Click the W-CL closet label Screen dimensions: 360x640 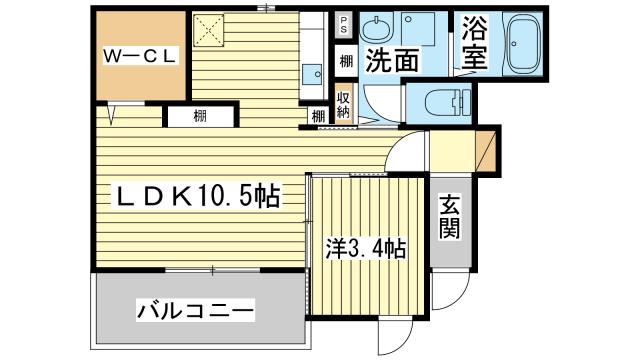[x=139, y=57]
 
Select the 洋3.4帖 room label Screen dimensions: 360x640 [x=365, y=247]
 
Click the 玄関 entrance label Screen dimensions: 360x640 [x=449, y=218]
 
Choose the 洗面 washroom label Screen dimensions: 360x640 [x=391, y=61]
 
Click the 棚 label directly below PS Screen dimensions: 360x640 [x=344, y=61]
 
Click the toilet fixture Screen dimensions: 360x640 [x=440, y=101]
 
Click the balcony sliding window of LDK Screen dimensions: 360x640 [x=200, y=269]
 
